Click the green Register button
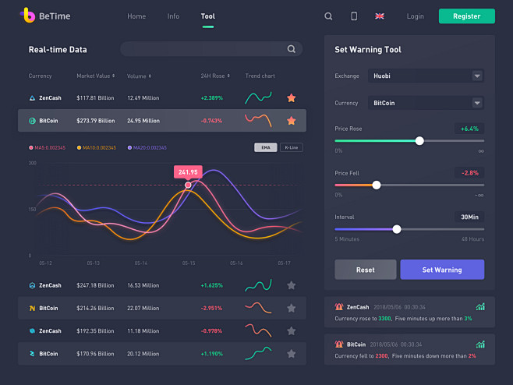click(466, 16)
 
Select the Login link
click(416, 16)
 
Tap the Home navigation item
click(136, 16)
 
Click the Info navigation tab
click(173, 16)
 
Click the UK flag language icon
click(380, 16)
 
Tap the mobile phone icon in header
click(354, 16)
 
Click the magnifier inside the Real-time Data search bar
click(292, 49)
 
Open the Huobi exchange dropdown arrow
click(476, 76)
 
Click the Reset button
click(365, 270)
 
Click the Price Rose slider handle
click(419, 141)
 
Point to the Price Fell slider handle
click(377, 185)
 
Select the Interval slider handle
click(397, 229)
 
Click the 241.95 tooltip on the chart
click(188, 172)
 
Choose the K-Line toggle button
click(292, 147)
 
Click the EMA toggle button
click(266, 147)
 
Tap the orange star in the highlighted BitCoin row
click(291, 121)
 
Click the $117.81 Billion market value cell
click(95, 98)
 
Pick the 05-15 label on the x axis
click(189, 263)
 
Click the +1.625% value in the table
click(211, 286)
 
